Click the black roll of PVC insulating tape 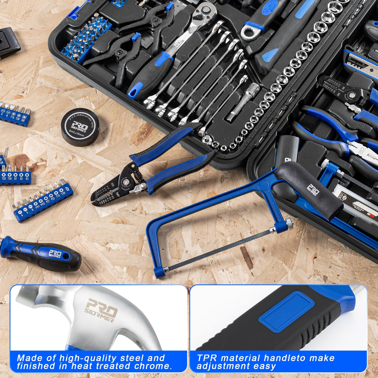click(x=80, y=127)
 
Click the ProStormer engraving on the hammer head click(x=101, y=310)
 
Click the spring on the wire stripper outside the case click(x=139, y=176)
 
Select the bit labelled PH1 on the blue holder click(x=37, y=203)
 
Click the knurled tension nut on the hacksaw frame click(x=290, y=223)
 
